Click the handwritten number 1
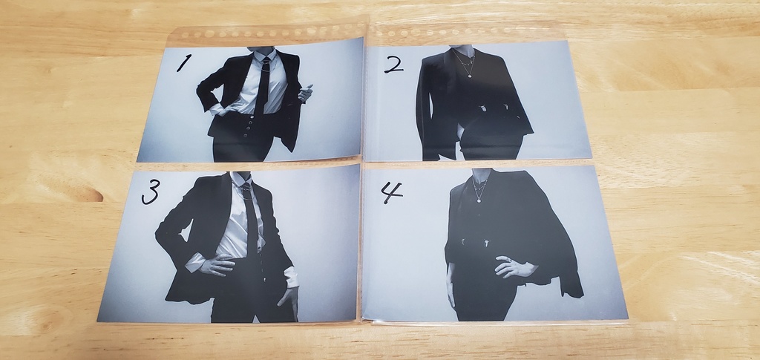183,63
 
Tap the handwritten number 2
393,64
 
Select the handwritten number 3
150,192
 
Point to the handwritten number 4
391,192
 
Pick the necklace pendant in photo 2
468,73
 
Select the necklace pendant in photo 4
479,198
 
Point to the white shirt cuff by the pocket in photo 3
292,278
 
